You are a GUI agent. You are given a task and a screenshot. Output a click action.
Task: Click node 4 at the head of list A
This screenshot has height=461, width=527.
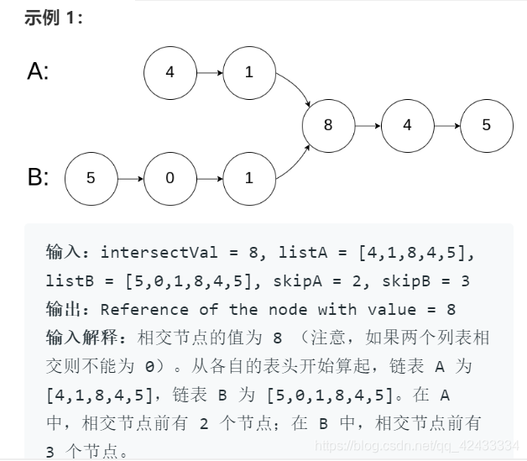point(170,72)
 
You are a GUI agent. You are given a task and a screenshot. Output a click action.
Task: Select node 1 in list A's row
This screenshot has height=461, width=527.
point(248,72)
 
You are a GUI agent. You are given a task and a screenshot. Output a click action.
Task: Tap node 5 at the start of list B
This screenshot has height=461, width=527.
point(91,178)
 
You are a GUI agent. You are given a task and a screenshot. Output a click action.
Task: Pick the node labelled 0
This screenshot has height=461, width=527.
point(170,178)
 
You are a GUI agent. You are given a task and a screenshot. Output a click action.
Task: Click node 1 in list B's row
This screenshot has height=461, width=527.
point(248,178)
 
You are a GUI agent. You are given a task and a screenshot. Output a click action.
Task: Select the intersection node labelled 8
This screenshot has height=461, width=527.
point(327,125)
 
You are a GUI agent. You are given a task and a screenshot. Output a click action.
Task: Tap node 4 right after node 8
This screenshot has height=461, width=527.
point(407,125)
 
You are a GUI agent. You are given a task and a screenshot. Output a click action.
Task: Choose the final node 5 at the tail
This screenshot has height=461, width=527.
point(486,125)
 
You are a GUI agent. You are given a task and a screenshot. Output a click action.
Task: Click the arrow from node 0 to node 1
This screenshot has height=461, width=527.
point(209,178)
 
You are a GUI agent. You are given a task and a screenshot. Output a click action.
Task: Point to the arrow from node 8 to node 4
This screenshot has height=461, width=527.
point(367,125)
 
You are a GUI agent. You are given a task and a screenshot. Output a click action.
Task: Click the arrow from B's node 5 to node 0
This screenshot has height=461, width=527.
point(130,178)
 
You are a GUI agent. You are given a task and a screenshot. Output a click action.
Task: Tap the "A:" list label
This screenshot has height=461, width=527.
point(38,72)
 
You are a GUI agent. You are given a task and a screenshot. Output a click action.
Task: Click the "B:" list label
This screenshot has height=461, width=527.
point(38,178)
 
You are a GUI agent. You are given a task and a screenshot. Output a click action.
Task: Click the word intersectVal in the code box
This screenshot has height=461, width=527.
point(148,252)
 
